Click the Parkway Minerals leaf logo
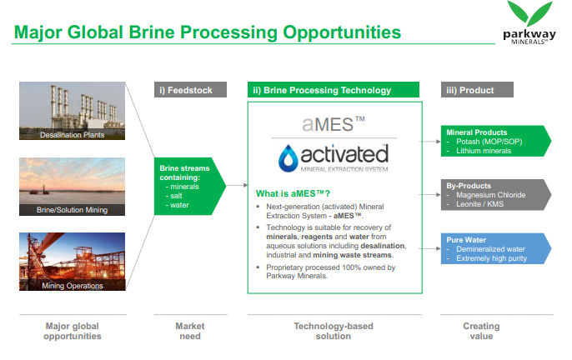529,22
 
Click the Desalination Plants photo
72,111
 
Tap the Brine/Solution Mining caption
72,210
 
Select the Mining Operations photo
72,262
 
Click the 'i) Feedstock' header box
190,90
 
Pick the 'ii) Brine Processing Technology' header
334,90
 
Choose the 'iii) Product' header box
477,90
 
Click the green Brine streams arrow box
190,186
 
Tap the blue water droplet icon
289,158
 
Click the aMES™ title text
334,124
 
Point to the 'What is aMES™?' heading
293,193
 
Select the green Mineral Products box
496,141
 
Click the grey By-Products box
496,195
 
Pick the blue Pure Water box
496,248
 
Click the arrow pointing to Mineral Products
430,141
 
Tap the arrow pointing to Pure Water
430,248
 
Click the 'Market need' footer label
190,331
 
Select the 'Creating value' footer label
482,331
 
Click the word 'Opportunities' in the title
342,32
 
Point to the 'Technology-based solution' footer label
334,331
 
